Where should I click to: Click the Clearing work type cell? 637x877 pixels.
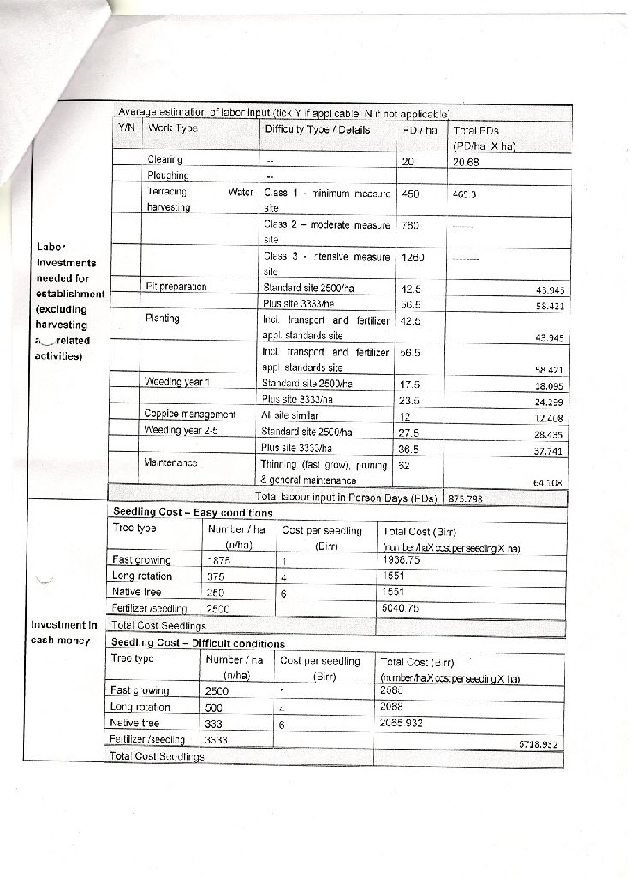coord(165,159)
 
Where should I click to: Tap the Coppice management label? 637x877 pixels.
coord(190,415)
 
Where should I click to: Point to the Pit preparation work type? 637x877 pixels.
coord(177,286)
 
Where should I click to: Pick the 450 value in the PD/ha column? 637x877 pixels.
coord(410,194)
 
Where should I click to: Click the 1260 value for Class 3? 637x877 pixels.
coord(412,256)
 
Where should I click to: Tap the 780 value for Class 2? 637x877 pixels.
coord(410,225)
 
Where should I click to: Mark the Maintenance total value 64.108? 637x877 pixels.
coord(546,482)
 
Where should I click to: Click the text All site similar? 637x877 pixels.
coord(288,415)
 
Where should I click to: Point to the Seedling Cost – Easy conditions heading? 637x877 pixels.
coord(193,512)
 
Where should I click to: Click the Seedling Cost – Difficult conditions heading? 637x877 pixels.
coord(199,643)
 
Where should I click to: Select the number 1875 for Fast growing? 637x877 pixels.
coord(219,559)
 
